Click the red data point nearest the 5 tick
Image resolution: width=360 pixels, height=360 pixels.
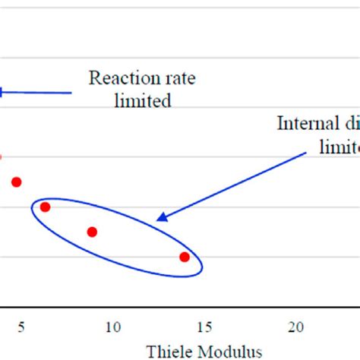tap(16, 182)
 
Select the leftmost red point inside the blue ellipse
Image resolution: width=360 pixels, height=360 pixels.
tap(45, 207)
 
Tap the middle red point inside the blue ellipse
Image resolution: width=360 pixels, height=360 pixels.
tap(92, 232)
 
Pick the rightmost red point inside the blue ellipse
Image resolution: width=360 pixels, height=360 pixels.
tap(185, 257)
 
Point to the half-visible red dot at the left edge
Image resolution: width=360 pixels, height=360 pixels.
tap(1, 156)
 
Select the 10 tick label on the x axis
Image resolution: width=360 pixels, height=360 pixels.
tap(113, 327)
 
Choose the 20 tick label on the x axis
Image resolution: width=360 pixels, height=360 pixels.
tap(297, 327)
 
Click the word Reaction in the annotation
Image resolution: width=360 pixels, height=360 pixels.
tap(119, 77)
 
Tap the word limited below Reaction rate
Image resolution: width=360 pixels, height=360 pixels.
tap(142, 101)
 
